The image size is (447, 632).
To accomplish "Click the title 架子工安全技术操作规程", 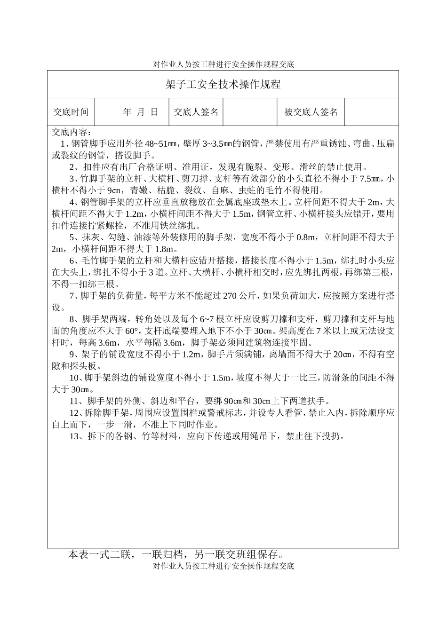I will [223, 85].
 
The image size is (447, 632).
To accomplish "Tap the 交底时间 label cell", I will [71, 112].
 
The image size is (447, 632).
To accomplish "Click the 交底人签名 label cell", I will [196, 112].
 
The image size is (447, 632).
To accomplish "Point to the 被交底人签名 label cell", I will [311, 112].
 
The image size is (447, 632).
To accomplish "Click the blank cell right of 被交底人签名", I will [371, 112].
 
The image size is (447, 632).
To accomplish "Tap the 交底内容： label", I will [72, 132].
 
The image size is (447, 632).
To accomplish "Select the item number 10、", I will [76, 378].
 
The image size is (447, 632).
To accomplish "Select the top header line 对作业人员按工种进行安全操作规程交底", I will [223, 65].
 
